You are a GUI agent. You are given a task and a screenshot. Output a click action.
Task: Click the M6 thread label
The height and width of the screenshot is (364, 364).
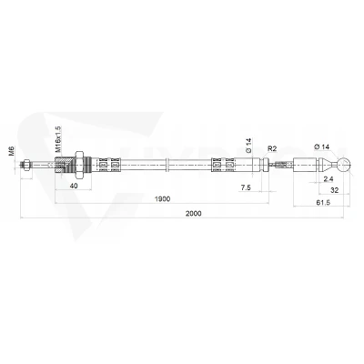click(x=11, y=150)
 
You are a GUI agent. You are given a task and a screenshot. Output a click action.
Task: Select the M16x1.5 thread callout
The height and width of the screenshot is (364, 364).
click(x=58, y=139)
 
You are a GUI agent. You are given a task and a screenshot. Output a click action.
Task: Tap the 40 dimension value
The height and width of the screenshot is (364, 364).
click(x=74, y=186)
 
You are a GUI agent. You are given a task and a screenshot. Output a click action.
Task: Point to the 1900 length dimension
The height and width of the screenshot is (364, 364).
click(x=162, y=199)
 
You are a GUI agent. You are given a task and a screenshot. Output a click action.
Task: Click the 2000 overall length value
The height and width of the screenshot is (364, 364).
click(x=194, y=214)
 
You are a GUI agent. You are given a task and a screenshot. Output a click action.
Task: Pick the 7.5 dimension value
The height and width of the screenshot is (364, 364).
click(x=246, y=187)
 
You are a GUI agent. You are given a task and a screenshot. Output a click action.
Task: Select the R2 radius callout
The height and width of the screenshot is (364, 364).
click(x=272, y=148)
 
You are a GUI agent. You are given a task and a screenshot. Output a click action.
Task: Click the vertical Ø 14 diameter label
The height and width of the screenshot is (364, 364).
click(x=248, y=146)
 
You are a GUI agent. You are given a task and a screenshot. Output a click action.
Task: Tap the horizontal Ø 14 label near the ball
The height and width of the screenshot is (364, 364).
click(x=322, y=147)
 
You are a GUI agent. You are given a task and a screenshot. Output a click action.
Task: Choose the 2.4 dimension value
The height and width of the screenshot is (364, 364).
click(x=329, y=179)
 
